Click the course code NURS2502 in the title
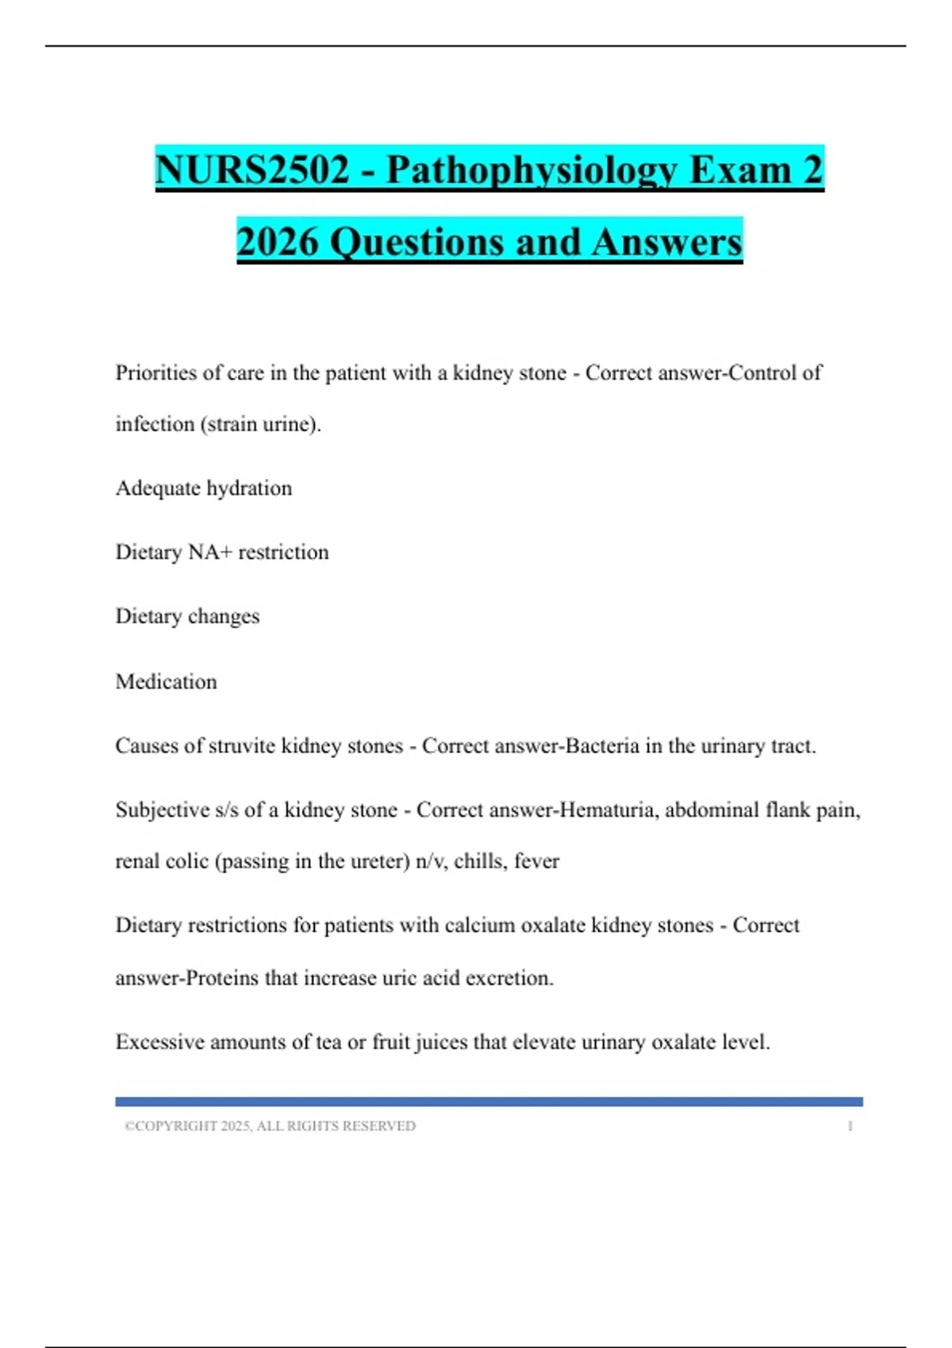point(252,170)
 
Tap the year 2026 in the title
point(277,242)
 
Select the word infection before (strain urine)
point(155,424)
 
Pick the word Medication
point(166,682)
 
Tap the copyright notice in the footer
point(270,1126)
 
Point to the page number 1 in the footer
point(850,1126)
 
